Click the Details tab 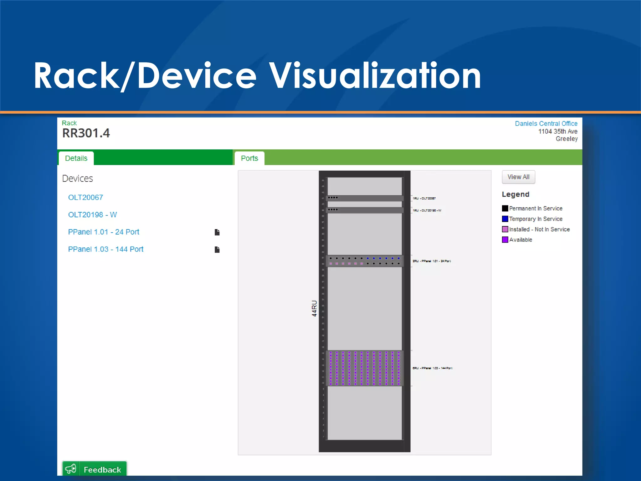pyautogui.click(x=76, y=158)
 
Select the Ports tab pyautogui.click(x=249, y=158)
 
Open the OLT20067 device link pyautogui.click(x=85, y=198)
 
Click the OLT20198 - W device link pyautogui.click(x=92, y=215)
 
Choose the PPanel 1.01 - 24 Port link pyautogui.click(x=104, y=232)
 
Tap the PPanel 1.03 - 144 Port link pyautogui.click(x=106, y=249)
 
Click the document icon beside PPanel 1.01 pyautogui.click(x=217, y=232)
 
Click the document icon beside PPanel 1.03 pyautogui.click(x=217, y=250)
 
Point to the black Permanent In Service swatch pyautogui.click(x=505, y=209)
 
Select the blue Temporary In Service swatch pyautogui.click(x=505, y=219)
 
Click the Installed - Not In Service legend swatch pyautogui.click(x=505, y=229)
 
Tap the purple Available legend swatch pyautogui.click(x=505, y=240)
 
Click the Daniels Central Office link pyautogui.click(x=546, y=124)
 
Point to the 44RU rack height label pyautogui.click(x=314, y=308)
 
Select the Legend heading pyautogui.click(x=515, y=194)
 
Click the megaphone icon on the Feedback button pyautogui.click(x=71, y=469)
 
